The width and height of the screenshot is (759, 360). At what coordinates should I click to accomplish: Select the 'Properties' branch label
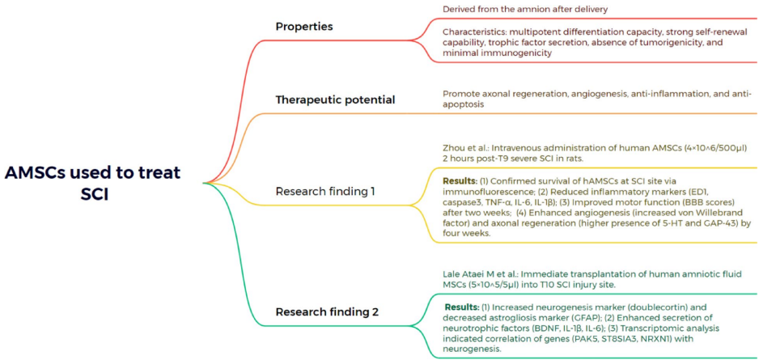[303, 27]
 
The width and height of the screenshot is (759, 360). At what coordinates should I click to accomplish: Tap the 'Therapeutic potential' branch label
[335, 100]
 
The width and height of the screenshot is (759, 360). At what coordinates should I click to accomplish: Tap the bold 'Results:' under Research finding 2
[463, 307]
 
